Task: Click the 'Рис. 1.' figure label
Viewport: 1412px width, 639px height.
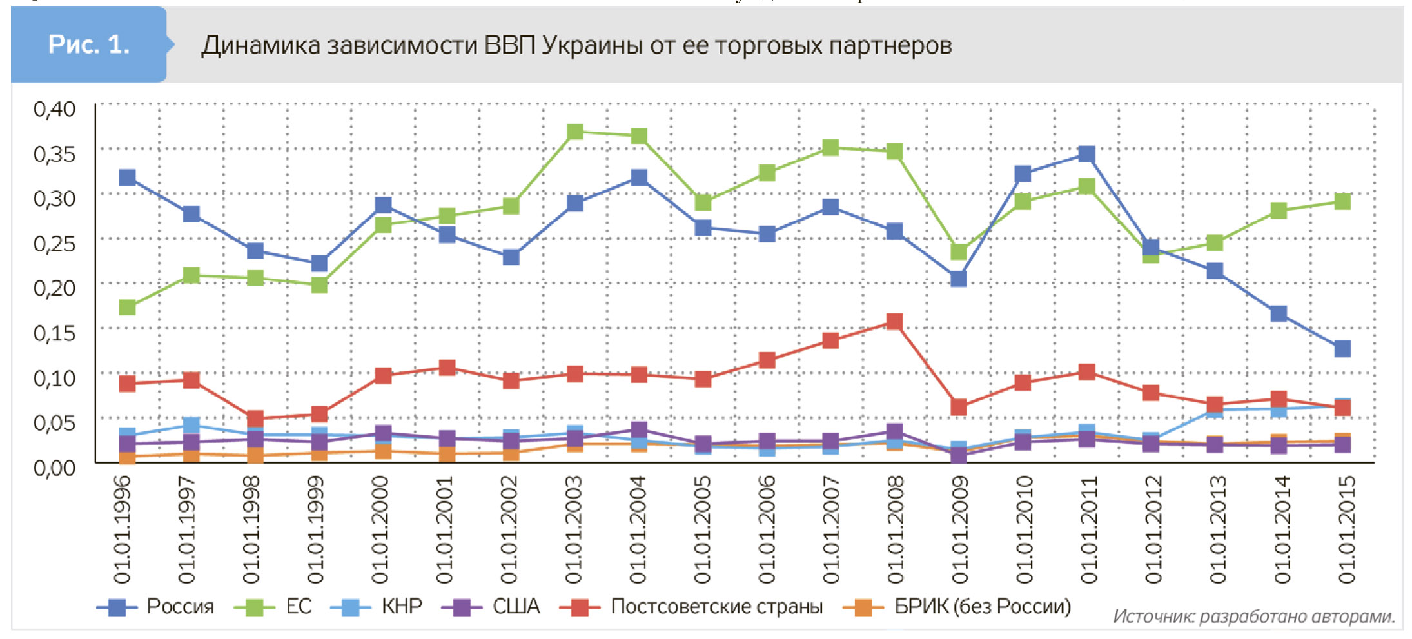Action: click(x=88, y=44)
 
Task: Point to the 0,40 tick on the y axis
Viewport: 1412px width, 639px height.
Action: click(x=55, y=109)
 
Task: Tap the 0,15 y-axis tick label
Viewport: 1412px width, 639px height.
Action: click(x=55, y=333)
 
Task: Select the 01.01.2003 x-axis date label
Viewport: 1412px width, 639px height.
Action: click(x=573, y=529)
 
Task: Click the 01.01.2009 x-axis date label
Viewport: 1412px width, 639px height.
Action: click(x=959, y=529)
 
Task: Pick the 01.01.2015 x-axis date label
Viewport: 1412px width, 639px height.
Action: click(x=1346, y=529)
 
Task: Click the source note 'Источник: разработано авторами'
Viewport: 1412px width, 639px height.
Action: click(x=1253, y=617)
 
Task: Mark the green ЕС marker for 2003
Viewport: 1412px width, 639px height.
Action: click(x=575, y=132)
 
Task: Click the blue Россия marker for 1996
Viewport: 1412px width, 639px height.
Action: click(x=128, y=177)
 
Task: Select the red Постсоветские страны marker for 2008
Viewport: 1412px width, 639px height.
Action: click(x=894, y=322)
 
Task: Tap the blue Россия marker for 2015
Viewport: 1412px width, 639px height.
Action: click(x=1342, y=349)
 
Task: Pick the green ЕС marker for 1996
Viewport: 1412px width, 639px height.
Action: click(x=128, y=307)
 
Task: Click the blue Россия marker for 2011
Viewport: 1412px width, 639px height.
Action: click(x=1086, y=154)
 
